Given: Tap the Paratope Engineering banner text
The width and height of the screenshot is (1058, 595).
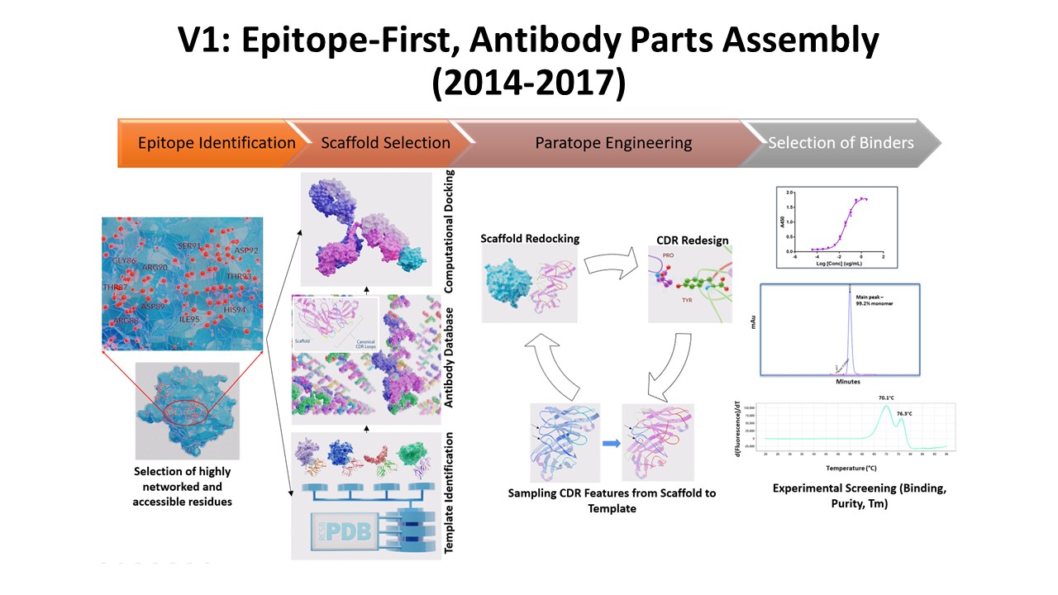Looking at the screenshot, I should [613, 143].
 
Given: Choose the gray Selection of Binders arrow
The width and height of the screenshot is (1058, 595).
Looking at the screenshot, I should [841, 143].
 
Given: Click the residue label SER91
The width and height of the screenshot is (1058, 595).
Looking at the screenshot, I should [190, 246].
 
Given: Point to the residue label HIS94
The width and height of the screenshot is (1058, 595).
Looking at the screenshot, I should [235, 310].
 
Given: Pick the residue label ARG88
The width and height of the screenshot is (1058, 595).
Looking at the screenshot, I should [126, 321].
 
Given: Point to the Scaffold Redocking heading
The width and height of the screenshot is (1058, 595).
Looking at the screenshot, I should [530, 239].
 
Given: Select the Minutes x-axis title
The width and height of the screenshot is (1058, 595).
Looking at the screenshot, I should [847, 382].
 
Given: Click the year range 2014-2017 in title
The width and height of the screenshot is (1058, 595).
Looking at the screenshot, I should [529, 83].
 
